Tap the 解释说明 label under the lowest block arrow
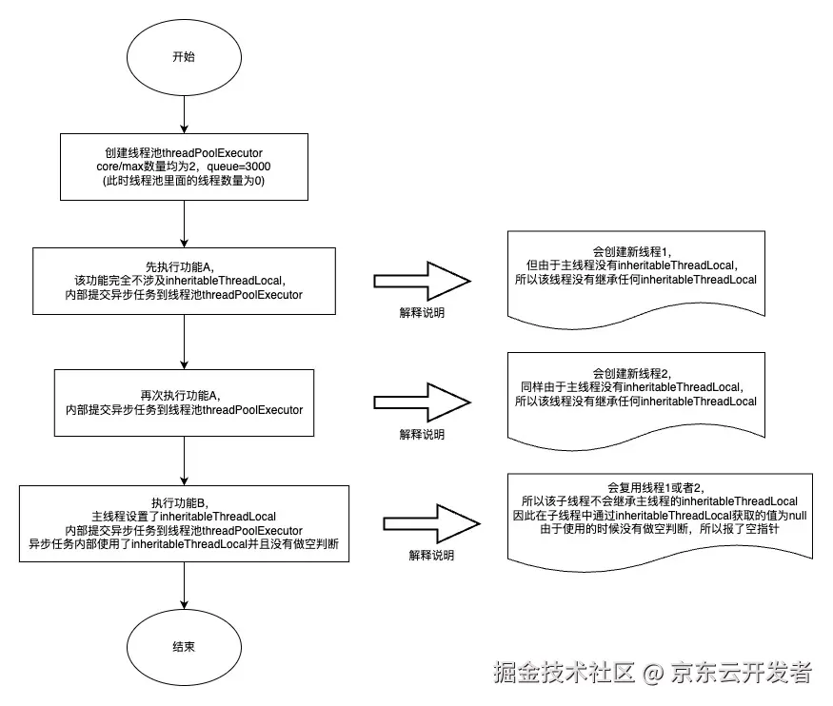[431, 555]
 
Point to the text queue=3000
[243, 167]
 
